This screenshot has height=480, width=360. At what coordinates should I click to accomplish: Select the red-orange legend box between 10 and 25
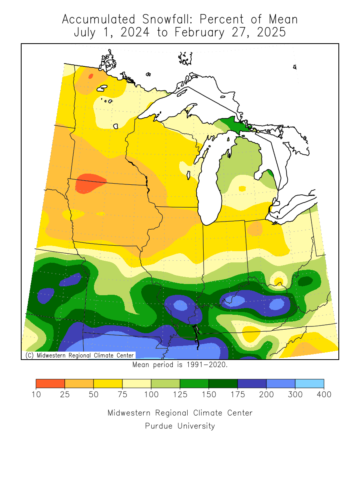click(x=50, y=383)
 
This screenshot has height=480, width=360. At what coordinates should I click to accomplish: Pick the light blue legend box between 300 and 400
click(x=309, y=383)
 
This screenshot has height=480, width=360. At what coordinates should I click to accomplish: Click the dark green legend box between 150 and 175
click(x=223, y=383)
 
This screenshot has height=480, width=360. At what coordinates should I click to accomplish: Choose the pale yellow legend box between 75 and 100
click(x=136, y=383)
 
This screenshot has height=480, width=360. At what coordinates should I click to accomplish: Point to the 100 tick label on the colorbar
click(x=151, y=395)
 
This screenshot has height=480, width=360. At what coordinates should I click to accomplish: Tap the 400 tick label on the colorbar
click(x=324, y=395)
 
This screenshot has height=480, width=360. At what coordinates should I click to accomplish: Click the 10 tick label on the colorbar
click(x=36, y=395)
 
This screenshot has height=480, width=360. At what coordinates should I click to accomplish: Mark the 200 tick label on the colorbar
click(x=266, y=395)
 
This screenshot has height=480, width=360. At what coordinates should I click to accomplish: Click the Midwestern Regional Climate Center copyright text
click(x=79, y=355)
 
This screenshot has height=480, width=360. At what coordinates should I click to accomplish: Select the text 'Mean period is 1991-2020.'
click(x=180, y=364)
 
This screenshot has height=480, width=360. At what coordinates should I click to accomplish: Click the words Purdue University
click(x=180, y=426)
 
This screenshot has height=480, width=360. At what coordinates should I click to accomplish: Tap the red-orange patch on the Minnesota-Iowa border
click(x=90, y=183)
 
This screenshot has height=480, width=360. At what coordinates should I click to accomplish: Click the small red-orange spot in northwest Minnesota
click(x=91, y=76)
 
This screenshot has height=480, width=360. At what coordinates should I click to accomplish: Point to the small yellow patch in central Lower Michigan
click(x=242, y=188)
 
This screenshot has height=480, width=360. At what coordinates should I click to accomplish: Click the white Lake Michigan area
click(x=208, y=180)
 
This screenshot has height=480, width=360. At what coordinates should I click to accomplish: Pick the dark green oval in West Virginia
click(x=306, y=281)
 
